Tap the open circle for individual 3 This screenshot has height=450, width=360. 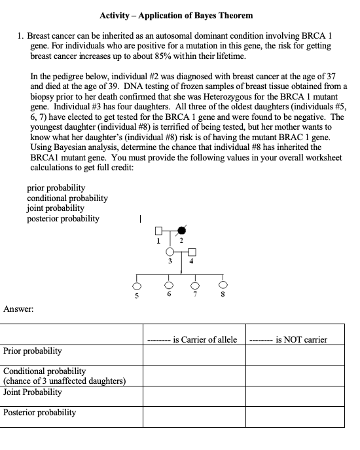[171, 252]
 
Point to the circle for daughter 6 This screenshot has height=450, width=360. [170, 286]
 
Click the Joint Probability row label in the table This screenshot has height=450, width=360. [33, 392]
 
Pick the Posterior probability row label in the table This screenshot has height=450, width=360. [39, 413]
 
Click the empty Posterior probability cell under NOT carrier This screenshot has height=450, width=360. [295, 416]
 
